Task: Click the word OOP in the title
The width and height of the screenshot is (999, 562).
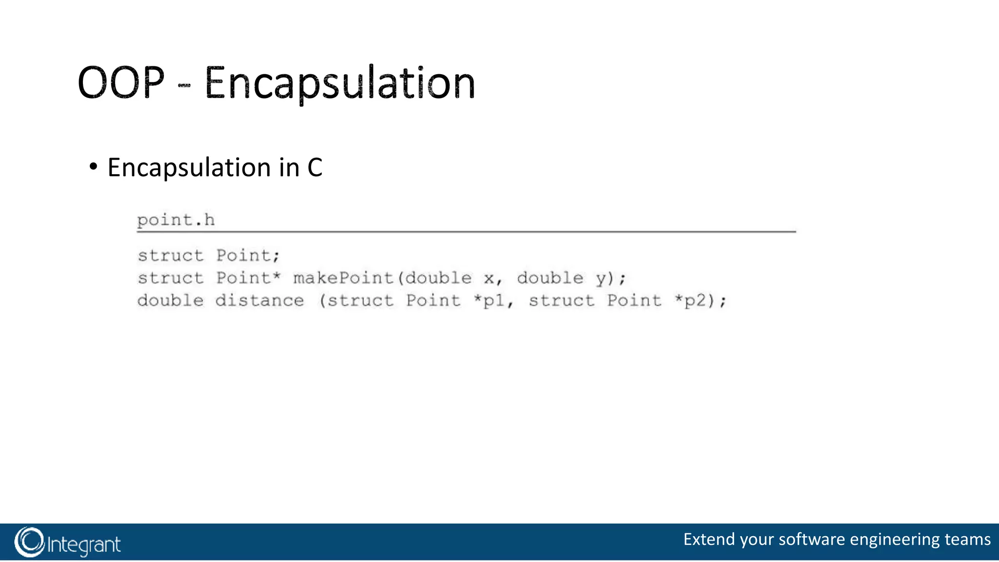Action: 121,83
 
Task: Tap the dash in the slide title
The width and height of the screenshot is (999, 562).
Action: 184,86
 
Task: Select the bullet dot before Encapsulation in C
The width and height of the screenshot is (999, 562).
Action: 93,167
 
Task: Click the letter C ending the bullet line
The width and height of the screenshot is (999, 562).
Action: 315,168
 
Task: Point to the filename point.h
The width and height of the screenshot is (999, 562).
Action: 176,221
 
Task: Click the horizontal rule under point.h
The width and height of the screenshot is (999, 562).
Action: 466,232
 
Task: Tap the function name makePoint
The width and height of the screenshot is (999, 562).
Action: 343,278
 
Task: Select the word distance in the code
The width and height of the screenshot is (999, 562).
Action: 260,301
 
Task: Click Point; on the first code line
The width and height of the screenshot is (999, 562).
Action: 248,256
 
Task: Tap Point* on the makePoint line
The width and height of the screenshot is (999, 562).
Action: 248,278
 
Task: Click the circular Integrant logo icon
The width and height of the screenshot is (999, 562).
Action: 29,542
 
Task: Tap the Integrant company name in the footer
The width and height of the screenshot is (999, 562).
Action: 84,544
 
